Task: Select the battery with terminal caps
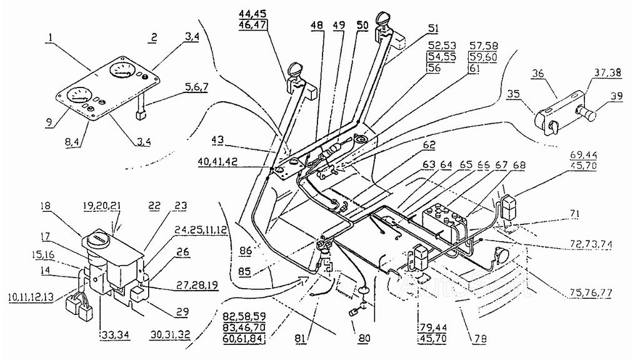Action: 445,220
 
